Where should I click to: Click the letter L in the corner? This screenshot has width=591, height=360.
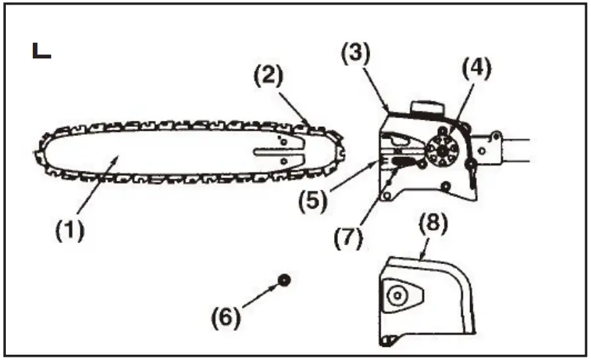click(41, 51)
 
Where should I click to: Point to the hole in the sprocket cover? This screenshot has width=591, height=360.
click(396, 297)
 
